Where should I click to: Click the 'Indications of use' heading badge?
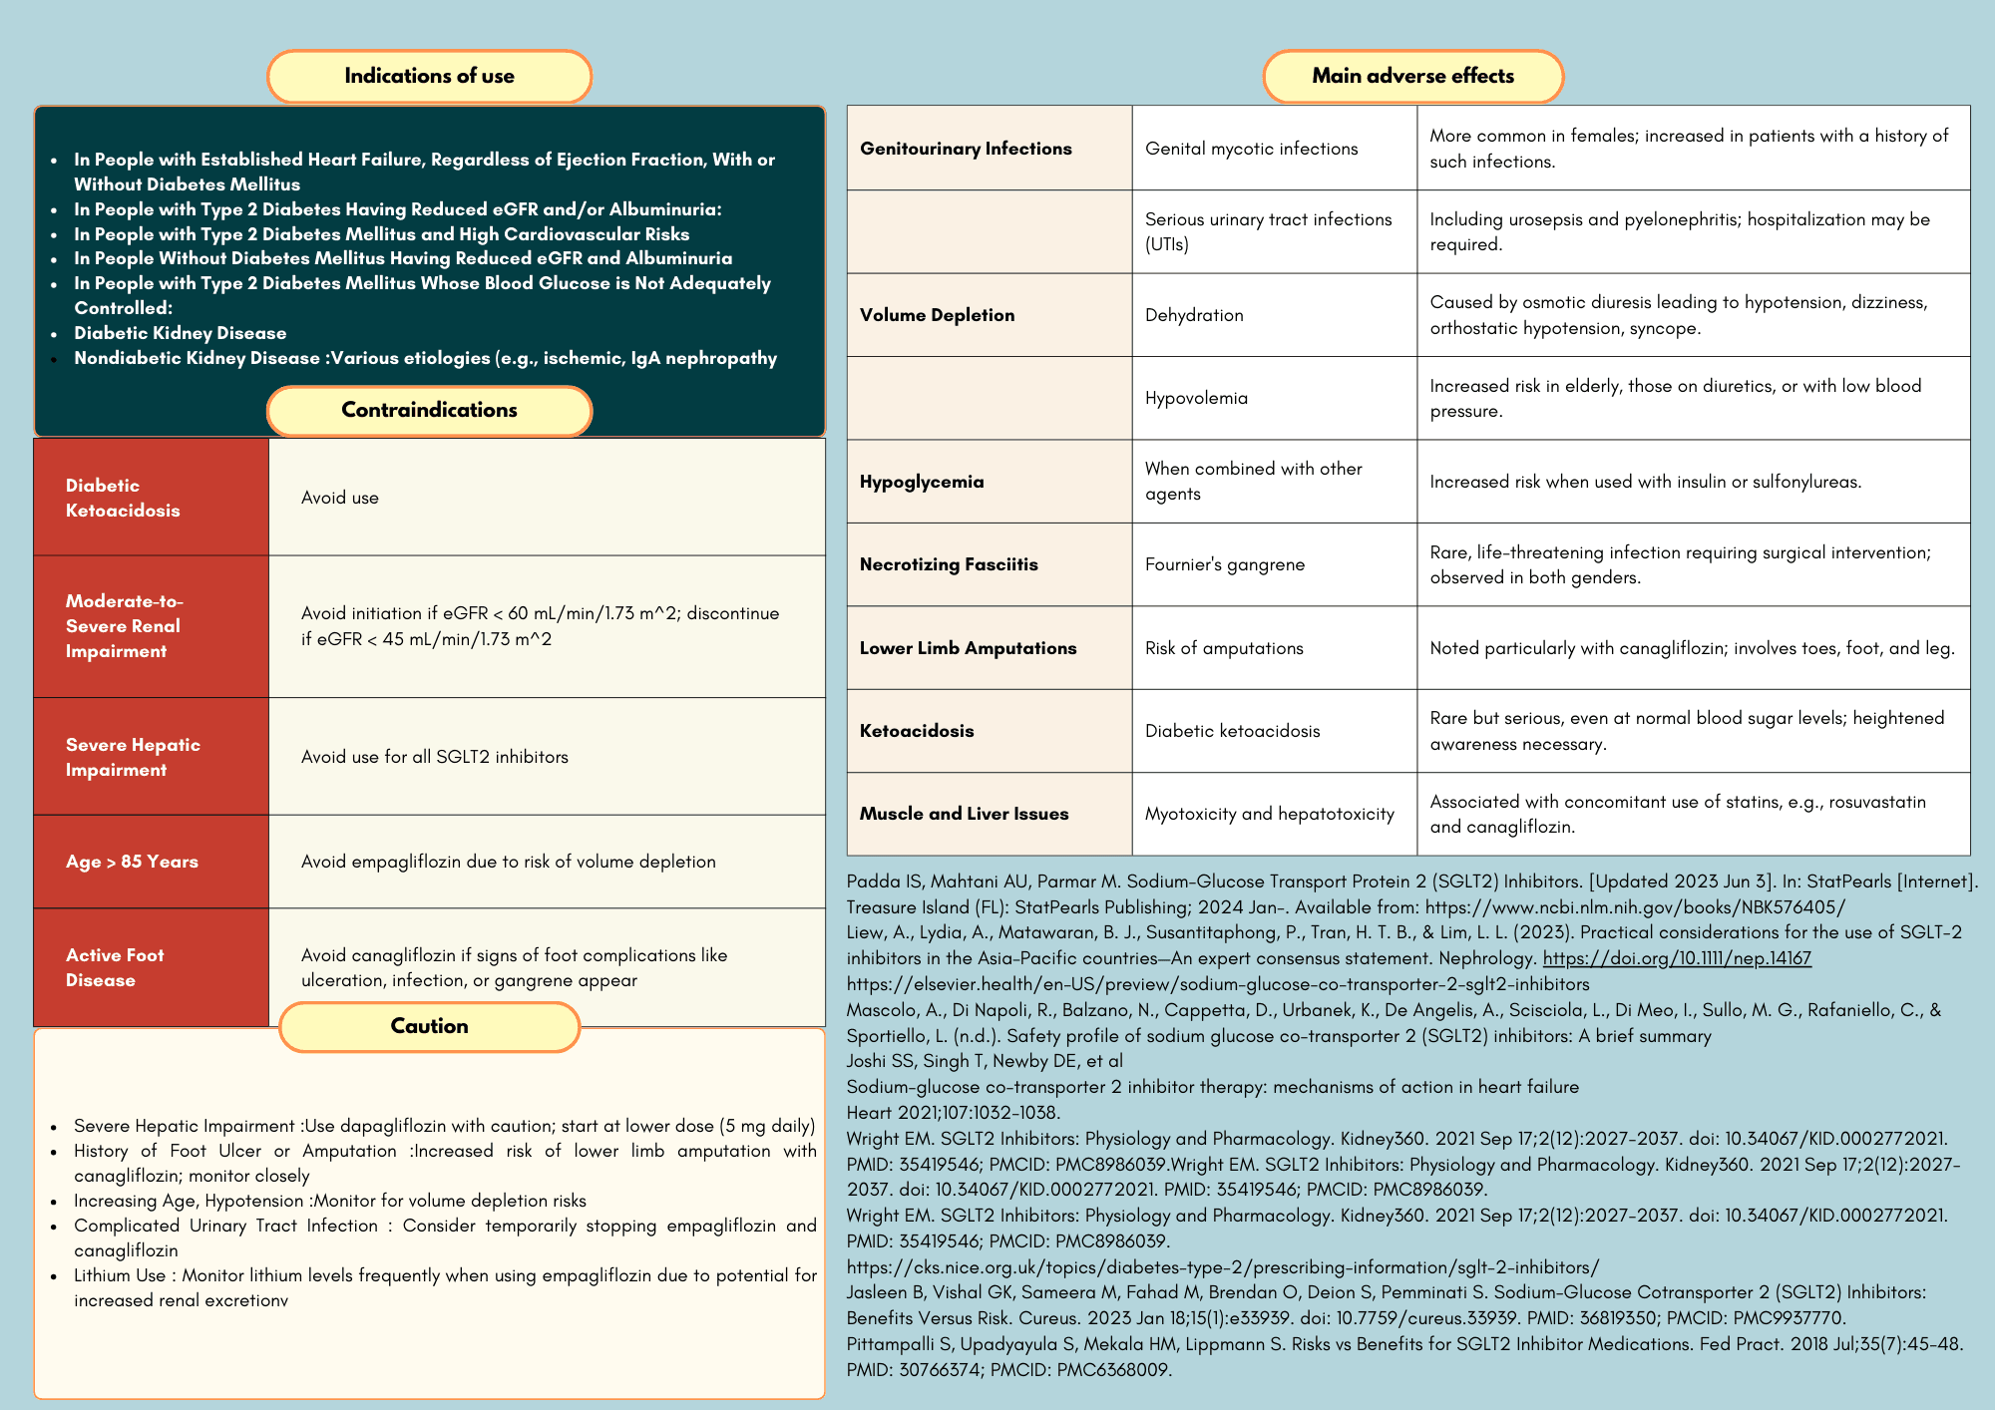pyautogui.click(x=429, y=77)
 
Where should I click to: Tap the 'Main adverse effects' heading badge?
pyautogui.click(x=1412, y=77)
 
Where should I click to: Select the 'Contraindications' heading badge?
pyautogui.click(x=429, y=411)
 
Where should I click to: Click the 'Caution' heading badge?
pyautogui.click(x=429, y=1027)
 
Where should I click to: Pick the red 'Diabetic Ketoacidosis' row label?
pyautogui.click(x=151, y=498)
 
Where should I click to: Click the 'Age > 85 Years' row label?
pyautogui.click(x=151, y=862)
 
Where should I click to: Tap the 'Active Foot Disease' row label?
pyautogui.click(x=151, y=967)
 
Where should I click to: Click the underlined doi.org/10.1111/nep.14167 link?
pyautogui.click(x=1676, y=958)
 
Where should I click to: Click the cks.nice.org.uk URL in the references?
pyautogui.click(x=1222, y=1267)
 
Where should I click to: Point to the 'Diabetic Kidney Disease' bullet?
pyautogui.click(x=180, y=333)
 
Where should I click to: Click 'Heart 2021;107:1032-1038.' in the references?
pyautogui.click(x=953, y=1113)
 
